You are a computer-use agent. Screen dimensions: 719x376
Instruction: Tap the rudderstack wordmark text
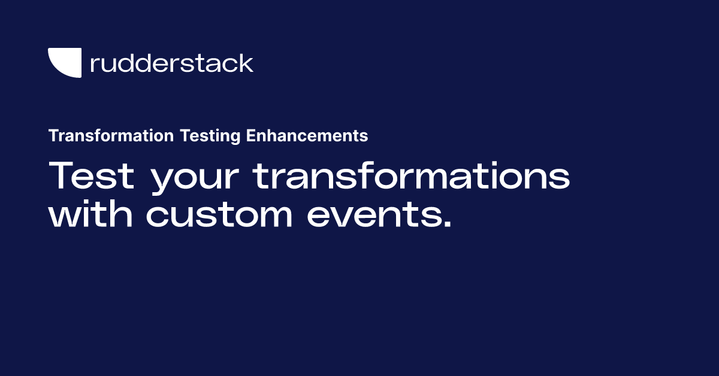coord(172,63)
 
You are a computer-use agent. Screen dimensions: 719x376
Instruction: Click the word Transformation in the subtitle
coord(111,135)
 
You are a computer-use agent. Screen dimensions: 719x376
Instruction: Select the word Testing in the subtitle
coord(210,136)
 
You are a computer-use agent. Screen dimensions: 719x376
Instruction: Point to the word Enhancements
coord(307,135)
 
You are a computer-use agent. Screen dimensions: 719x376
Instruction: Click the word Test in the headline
coord(91,175)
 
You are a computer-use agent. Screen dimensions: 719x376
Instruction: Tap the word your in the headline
coord(195,178)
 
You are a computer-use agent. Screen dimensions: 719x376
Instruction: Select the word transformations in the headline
coord(411,175)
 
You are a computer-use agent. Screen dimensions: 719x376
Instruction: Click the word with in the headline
coord(90,213)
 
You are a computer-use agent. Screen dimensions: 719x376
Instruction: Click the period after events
coord(448,223)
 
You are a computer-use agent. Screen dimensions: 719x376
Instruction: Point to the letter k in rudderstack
coord(245,63)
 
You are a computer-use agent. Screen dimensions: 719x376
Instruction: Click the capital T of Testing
coord(186,135)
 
